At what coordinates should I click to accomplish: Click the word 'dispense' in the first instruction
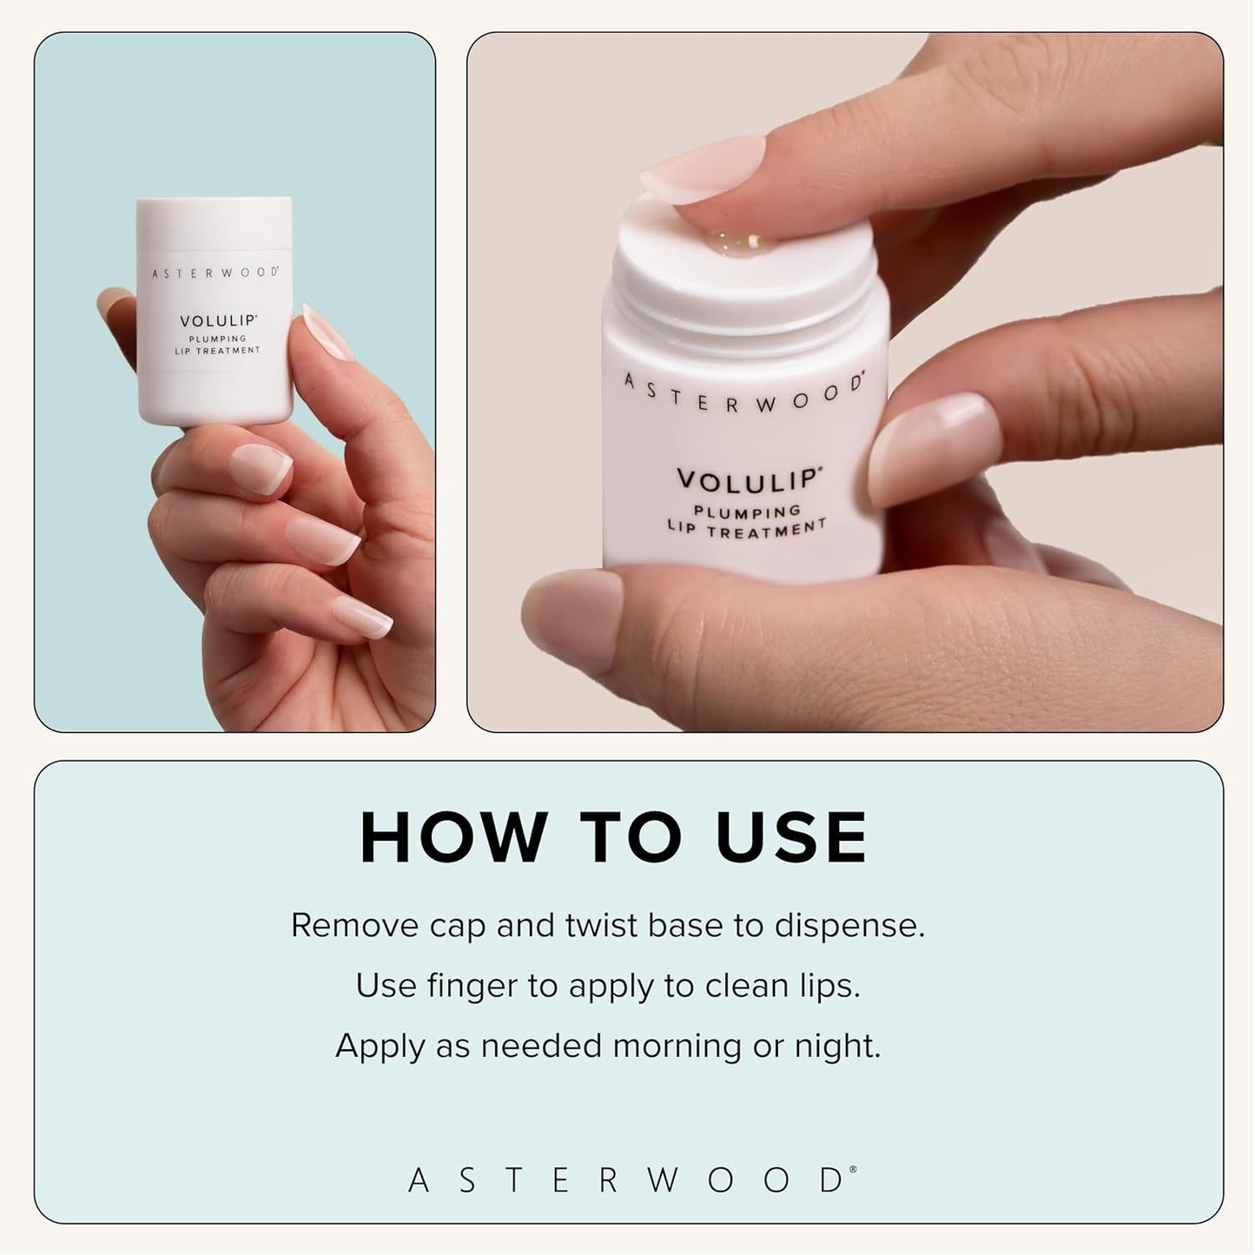tap(849, 926)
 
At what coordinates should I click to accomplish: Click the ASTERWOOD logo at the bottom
tap(631, 1180)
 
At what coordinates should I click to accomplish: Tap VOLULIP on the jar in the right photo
tap(748, 479)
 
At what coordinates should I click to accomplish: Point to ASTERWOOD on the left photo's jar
tap(215, 273)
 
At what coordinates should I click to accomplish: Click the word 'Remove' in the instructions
tap(354, 926)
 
